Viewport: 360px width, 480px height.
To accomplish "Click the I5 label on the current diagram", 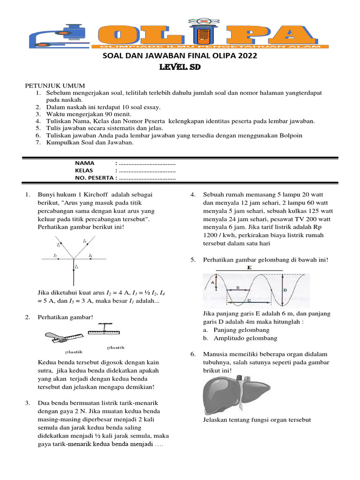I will pyautogui.click(x=76, y=266).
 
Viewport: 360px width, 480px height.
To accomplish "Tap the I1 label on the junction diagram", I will pyautogui.click(x=56, y=255).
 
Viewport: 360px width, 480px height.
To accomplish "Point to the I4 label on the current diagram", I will pyautogui.click(x=90, y=255).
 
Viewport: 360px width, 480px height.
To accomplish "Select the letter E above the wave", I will pyautogui.click(x=249, y=267).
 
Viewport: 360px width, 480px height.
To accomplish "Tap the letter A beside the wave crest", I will pyautogui.click(x=212, y=283).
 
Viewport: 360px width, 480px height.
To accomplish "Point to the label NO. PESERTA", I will pyautogui.click(x=94, y=178).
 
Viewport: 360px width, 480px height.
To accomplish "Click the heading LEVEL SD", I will pyautogui.click(x=180, y=67).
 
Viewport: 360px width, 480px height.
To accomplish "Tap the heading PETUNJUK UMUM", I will pyautogui.click(x=54, y=86).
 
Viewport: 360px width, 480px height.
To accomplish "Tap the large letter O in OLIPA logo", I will pyautogui.click(x=121, y=34).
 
